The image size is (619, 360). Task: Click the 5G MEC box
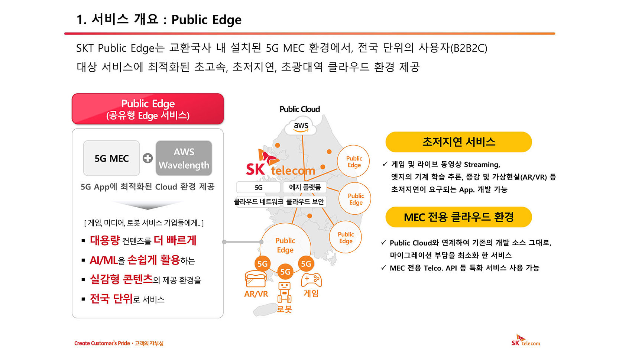pyautogui.click(x=111, y=158)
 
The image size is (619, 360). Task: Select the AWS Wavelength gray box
pyautogui.click(x=184, y=158)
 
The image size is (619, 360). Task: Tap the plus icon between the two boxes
pyautogui.click(x=148, y=158)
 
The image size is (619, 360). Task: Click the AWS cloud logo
pyautogui.click(x=301, y=127)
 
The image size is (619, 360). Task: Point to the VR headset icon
pyautogui.click(x=256, y=279)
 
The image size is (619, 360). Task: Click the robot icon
pyautogui.click(x=284, y=293)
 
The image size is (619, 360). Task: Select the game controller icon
pyautogui.click(x=311, y=280)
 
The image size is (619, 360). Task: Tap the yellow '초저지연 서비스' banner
pyautogui.click(x=458, y=142)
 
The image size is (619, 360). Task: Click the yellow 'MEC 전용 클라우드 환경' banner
pyautogui.click(x=458, y=217)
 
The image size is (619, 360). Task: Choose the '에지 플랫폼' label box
pyautogui.click(x=305, y=187)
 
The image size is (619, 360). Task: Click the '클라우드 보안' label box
pyautogui.click(x=305, y=202)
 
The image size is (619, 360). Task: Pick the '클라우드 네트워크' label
pyautogui.click(x=258, y=202)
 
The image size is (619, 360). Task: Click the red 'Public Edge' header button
pyautogui.click(x=148, y=109)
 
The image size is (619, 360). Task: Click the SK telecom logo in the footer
pyautogui.click(x=525, y=340)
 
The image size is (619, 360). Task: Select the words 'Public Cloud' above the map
pyautogui.click(x=299, y=109)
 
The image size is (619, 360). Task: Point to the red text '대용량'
pyautogui.click(x=105, y=240)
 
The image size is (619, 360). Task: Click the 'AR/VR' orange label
pyautogui.click(x=256, y=294)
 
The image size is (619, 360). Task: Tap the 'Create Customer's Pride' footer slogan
pyautogui.click(x=102, y=343)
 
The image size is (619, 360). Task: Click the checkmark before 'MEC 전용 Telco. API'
pyautogui.click(x=383, y=267)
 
